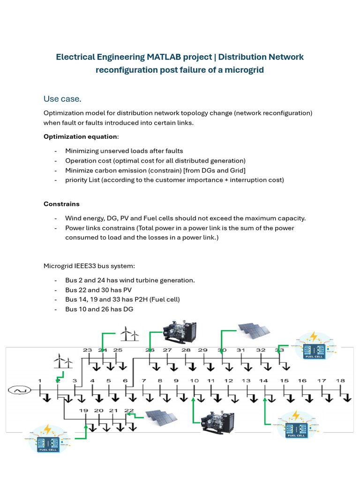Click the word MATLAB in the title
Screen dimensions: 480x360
(166, 57)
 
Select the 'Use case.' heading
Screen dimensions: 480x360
(62, 99)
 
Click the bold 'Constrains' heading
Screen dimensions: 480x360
(61, 204)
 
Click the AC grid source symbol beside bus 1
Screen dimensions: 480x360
(20, 390)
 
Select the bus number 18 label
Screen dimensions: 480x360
(340, 381)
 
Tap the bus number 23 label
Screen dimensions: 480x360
(88, 350)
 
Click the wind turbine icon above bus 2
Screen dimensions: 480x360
(63, 362)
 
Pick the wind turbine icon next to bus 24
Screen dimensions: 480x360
(129, 333)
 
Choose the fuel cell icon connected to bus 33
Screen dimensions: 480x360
(314, 345)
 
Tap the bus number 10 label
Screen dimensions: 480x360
(194, 381)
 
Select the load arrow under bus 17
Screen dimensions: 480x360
(325, 398)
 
